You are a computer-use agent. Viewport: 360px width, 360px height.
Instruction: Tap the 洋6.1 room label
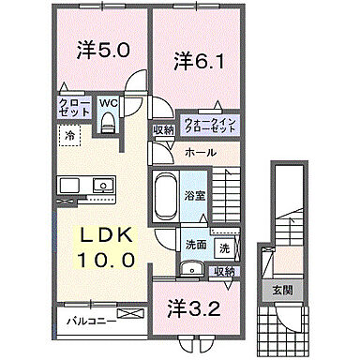(198, 62)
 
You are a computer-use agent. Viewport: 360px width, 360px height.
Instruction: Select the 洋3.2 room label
(193, 307)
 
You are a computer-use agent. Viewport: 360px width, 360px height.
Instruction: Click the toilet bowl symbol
(107, 120)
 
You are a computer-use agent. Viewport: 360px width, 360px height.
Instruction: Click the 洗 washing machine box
(224, 250)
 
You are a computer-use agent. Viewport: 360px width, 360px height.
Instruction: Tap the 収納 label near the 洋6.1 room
(163, 130)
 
